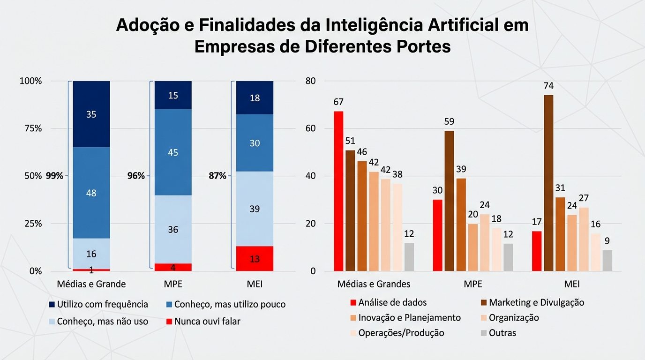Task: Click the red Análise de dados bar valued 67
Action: (338, 191)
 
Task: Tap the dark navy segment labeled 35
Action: (91, 114)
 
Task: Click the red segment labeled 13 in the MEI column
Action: (254, 258)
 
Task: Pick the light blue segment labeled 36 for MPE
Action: (173, 229)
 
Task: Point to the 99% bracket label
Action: (55, 176)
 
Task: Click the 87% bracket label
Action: (217, 176)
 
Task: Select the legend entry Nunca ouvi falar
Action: (207, 322)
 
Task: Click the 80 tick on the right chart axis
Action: (311, 81)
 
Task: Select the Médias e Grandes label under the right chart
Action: (374, 284)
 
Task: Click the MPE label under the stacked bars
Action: (173, 284)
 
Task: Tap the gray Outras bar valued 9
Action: (607, 261)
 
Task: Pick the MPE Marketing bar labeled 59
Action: (449, 201)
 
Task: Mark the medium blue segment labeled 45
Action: (173, 152)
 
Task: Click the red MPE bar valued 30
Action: (437, 235)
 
